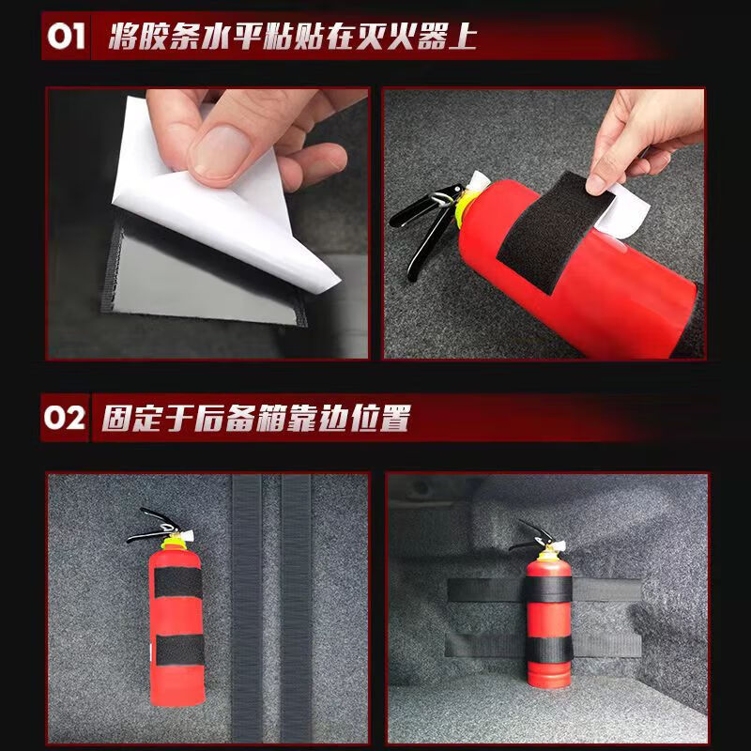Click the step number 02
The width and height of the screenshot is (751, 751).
coord(65,418)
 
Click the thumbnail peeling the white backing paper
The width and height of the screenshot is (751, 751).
coord(207,223)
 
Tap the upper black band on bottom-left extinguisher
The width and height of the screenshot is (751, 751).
coord(176,582)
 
